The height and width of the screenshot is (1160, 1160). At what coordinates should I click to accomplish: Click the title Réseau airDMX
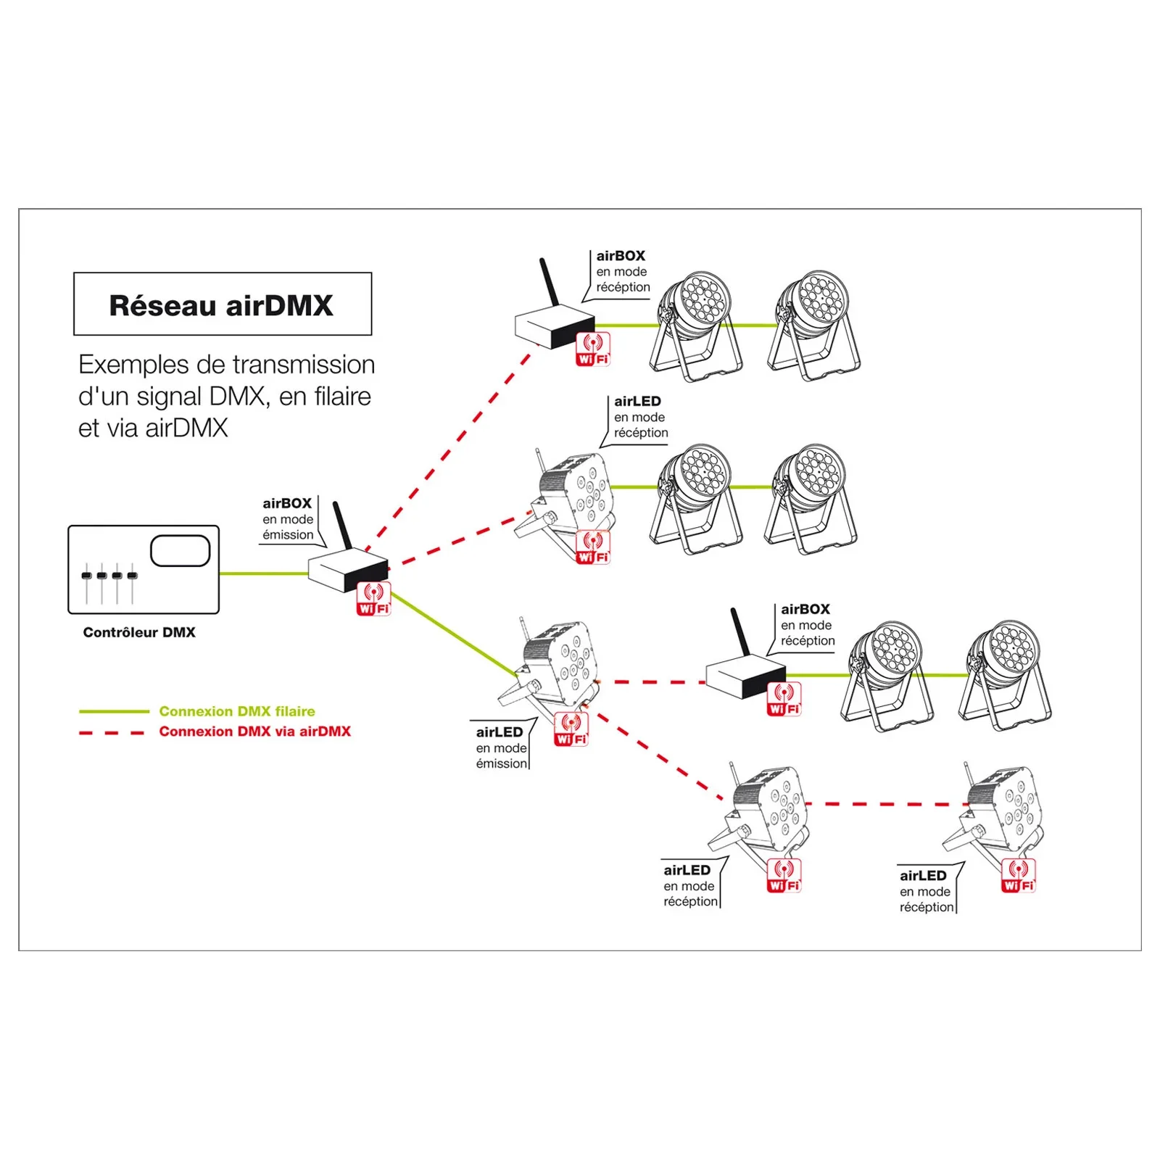click(221, 305)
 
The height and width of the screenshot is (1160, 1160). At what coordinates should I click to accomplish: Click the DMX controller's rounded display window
click(180, 551)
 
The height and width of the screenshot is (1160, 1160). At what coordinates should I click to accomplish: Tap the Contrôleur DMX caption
click(139, 632)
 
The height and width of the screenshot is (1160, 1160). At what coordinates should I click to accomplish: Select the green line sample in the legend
click(114, 711)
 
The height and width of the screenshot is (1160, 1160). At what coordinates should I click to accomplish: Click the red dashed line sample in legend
click(112, 732)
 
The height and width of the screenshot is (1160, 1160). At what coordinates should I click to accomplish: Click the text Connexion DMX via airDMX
click(254, 732)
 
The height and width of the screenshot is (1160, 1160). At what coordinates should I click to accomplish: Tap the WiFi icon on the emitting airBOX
click(373, 600)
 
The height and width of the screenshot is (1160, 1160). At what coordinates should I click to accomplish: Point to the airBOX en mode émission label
click(288, 519)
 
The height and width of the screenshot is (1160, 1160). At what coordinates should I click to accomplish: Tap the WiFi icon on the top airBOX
click(593, 349)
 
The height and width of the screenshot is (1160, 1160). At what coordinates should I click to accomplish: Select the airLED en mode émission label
click(501, 747)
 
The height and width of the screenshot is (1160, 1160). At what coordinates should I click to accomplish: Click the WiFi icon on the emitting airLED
click(571, 729)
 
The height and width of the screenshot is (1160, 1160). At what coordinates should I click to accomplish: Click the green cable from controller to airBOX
click(262, 573)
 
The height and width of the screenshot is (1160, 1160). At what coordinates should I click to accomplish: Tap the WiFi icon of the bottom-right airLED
click(1019, 876)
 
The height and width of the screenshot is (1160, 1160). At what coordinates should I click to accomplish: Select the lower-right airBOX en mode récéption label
click(807, 625)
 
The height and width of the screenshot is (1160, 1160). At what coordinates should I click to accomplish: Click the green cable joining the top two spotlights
click(754, 326)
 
